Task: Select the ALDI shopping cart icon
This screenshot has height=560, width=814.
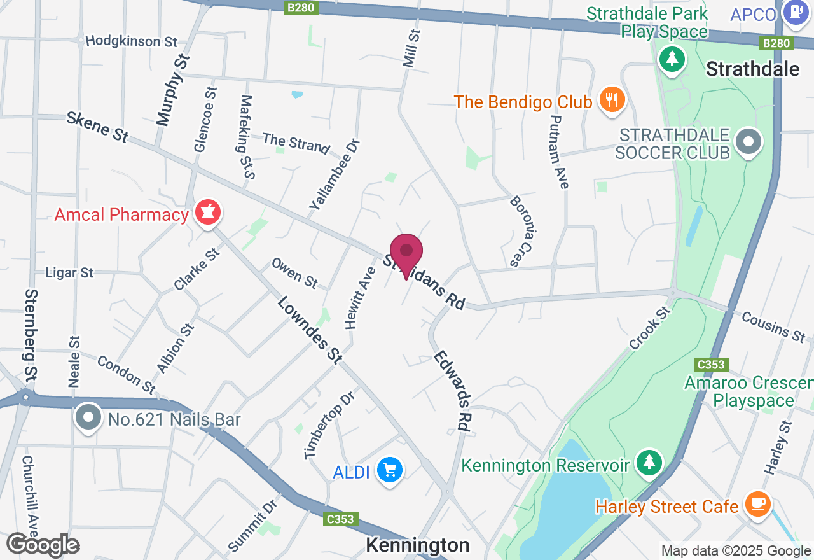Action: click(390, 471)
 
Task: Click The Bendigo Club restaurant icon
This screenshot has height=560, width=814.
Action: click(612, 101)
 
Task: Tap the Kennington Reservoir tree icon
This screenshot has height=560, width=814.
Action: click(649, 463)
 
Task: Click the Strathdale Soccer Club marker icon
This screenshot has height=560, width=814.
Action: click(748, 143)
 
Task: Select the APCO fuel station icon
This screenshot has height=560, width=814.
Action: click(795, 13)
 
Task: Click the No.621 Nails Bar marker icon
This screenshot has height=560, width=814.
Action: click(89, 418)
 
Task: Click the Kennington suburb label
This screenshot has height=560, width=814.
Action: click(418, 545)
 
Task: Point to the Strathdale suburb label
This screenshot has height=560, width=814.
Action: click(753, 69)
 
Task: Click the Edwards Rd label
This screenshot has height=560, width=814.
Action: click(453, 391)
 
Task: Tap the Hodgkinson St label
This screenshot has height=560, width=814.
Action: click(132, 41)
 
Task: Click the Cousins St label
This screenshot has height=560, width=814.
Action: click(773, 326)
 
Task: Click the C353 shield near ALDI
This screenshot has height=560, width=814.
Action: click(339, 519)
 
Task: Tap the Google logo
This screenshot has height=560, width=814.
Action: click(43, 545)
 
